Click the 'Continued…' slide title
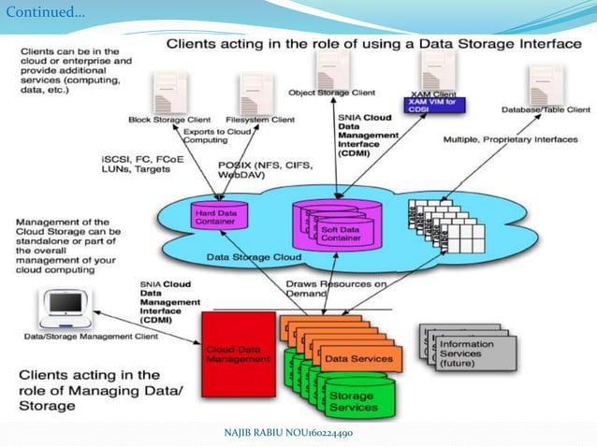[x=45, y=13]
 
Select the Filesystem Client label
[x=260, y=120]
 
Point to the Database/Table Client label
[x=546, y=109]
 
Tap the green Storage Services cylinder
[x=351, y=401]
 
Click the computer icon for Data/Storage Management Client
[x=66, y=306]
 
